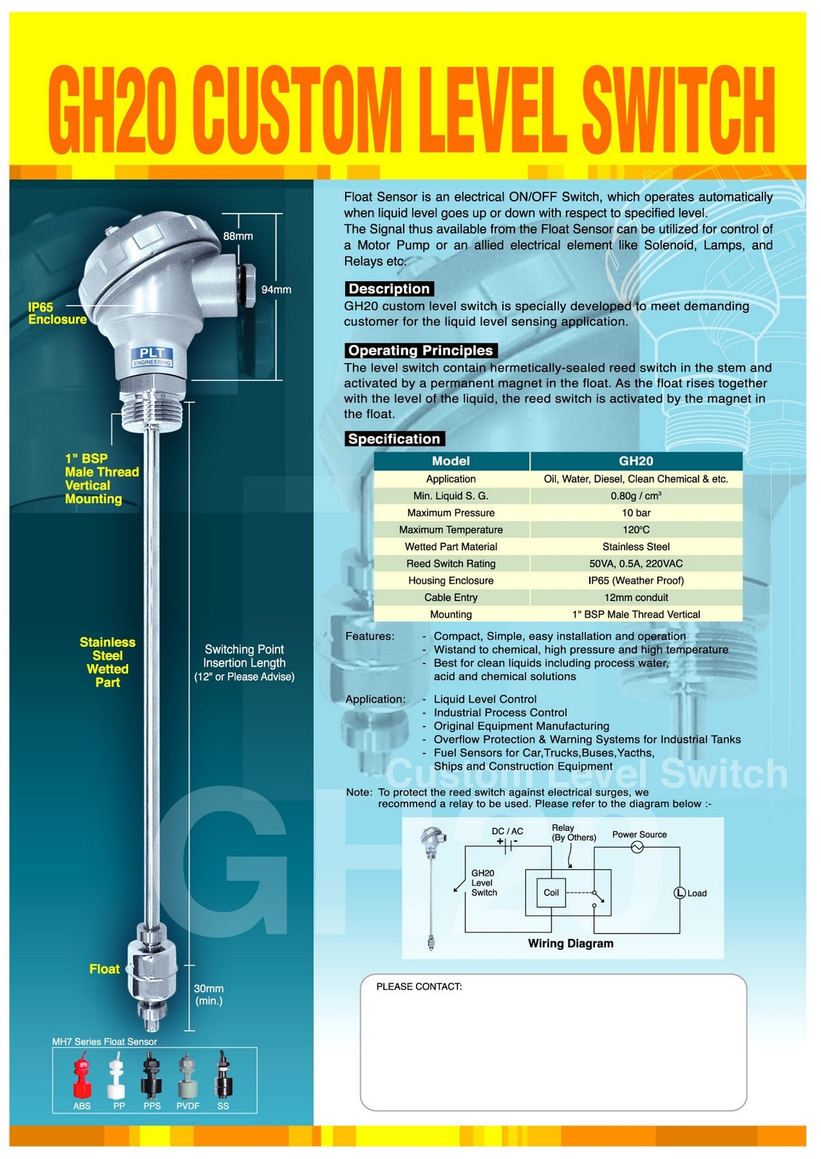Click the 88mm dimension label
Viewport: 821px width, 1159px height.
(238, 236)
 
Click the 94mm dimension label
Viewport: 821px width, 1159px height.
(276, 290)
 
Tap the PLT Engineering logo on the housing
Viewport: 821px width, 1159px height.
(151, 356)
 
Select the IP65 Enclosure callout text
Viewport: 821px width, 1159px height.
(57, 313)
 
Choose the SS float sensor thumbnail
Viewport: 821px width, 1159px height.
(222, 1077)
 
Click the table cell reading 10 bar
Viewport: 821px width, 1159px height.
(635, 513)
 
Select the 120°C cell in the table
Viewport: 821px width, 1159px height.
(635, 530)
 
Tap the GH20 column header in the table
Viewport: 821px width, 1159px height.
(635, 461)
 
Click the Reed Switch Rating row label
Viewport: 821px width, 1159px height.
(451, 564)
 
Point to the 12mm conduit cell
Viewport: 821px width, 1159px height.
(635, 598)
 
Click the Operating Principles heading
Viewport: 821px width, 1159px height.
(420, 351)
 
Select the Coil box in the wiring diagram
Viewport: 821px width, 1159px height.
(551, 892)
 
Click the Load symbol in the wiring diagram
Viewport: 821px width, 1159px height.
(680, 892)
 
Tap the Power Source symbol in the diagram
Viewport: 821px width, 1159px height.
(637, 847)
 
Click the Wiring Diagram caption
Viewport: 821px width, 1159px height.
(570, 943)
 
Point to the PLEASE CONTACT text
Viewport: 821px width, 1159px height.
(419, 987)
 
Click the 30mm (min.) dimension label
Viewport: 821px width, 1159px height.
(209, 995)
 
